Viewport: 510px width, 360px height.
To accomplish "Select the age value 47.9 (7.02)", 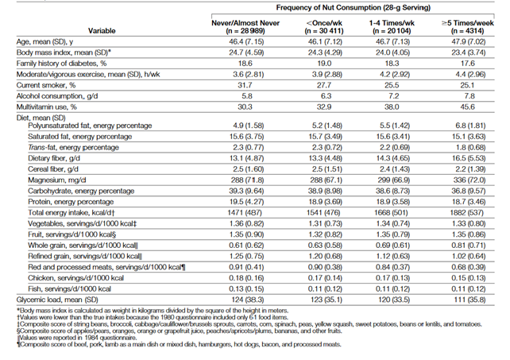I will click(458, 38).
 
